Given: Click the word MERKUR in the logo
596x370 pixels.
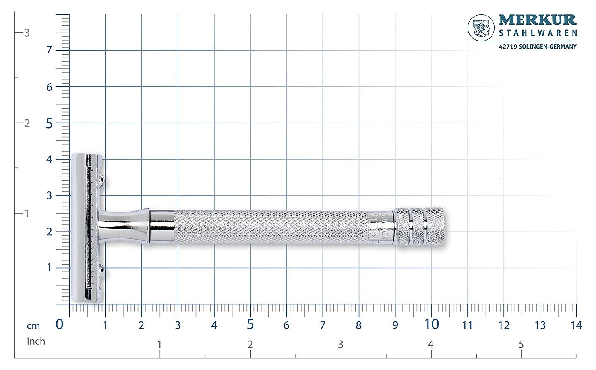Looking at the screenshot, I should pyautogui.click(x=537, y=20).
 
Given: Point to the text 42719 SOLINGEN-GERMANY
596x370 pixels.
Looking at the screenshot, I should pyautogui.click(x=537, y=47).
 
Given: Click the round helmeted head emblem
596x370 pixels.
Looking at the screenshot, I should pyautogui.click(x=481, y=29).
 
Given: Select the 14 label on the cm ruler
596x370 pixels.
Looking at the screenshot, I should pyautogui.click(x=576, y=325).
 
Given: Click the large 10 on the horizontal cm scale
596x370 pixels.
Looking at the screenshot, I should pyautogui.click(x=431, y=324).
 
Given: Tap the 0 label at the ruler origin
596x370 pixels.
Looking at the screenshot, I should pyautogui.click(x=60, y=324).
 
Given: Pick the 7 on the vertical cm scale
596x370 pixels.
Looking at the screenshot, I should pyautogui.click(x=49, y=50).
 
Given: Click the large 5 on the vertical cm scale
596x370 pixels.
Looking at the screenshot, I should pyautogui.click(x=49, y=124).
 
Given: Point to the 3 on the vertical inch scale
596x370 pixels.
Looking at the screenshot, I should pyautogui.click(x=27, y=33).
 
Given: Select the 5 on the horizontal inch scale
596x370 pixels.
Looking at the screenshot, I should pyautogui.click(x=521, y=345).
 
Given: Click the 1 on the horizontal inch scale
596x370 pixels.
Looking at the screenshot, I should pyautogui.click(x=159, y=345).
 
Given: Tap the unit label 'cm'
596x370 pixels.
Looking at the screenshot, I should pyautogui.click(x=34, y=326).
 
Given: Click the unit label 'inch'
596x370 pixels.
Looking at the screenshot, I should pyautogui.click(x=36, y=341).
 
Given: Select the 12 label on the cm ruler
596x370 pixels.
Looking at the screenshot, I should pyautogui.click(x=503, y=325).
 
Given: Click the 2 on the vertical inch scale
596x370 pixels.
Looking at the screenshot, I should pyautogui.click(x=27, y=123).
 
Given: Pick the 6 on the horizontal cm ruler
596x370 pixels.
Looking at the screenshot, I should pyautogui.click(x=286, y=325).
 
